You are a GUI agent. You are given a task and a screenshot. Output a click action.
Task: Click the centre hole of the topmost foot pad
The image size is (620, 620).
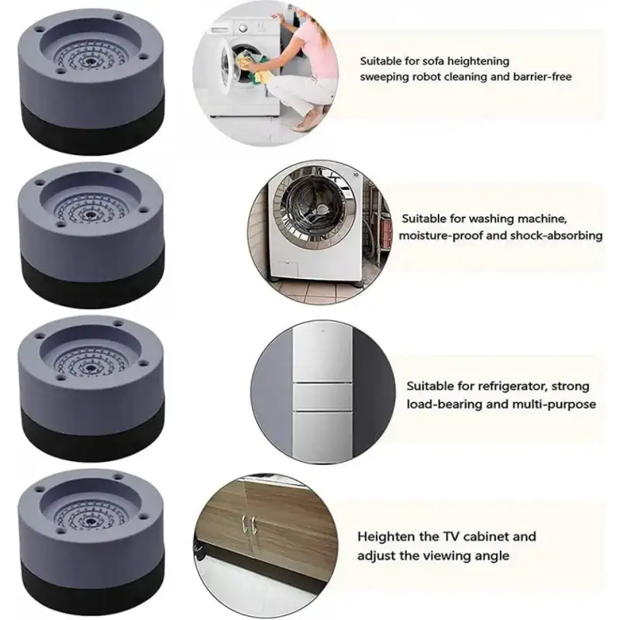pyautogui.click(x=91, y=62)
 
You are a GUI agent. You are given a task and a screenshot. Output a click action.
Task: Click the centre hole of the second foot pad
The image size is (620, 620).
pyautogui.click(x=91, y=215)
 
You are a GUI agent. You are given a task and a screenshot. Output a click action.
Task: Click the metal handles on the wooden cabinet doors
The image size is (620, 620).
pyautogui.click(x=249, y=525)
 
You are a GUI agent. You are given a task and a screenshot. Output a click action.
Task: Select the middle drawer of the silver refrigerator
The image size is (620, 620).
pyautogui.click(x=323, y=397)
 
